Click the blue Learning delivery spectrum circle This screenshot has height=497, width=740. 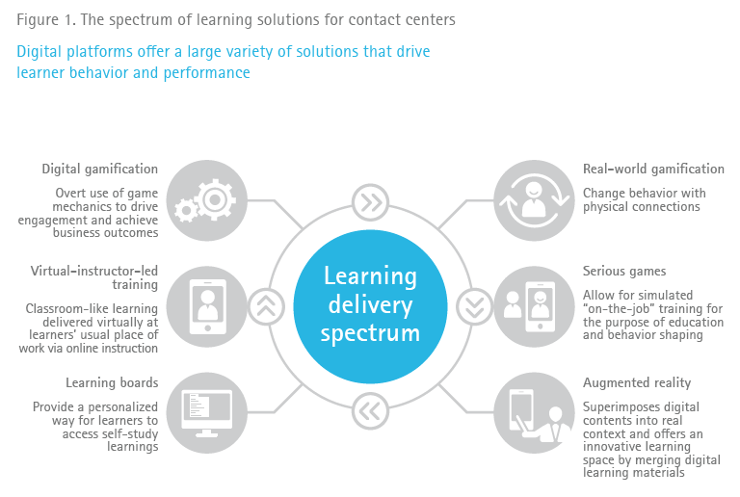(370, 305)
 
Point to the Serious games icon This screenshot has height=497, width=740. (533, 305)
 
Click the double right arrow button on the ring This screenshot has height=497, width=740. (370, 202)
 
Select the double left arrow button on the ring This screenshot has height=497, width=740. (370, 409)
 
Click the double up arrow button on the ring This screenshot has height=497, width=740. (266, 306)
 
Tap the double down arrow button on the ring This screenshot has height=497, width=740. (474, 306)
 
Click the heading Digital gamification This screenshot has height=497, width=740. (100, 169)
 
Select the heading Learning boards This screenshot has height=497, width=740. (112, 382)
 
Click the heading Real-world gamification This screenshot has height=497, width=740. (653, 169)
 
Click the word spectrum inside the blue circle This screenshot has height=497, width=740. (370, 333)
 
